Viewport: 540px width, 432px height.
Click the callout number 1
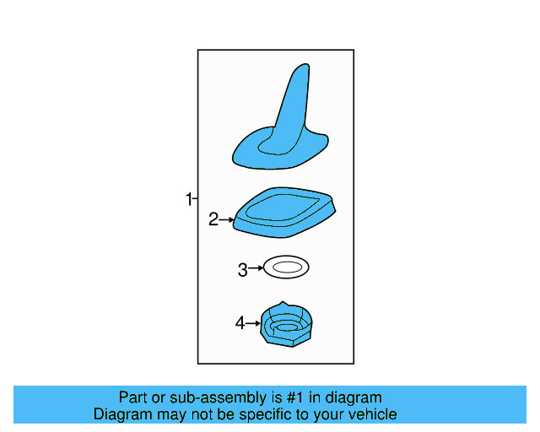(x=189, y=200)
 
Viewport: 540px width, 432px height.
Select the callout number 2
(x=213, y=220)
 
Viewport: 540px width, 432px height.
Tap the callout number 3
(x=242, y=270)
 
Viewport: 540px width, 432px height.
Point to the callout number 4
(x=240, y=323)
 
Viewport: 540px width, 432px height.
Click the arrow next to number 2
(x=226, y=220)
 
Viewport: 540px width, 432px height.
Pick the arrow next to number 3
(x=256, y=269)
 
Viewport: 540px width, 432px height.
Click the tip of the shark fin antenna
(x=300, y=70)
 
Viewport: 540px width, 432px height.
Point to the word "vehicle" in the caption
(x=370, y=414)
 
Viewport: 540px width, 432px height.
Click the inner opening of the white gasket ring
(x=286, y=268)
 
